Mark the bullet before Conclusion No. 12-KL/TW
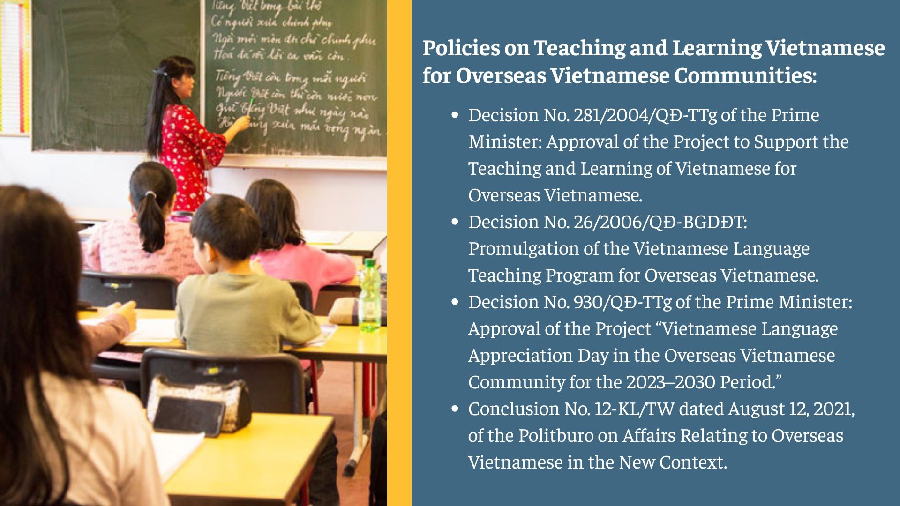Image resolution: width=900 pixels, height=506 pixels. point(455,409)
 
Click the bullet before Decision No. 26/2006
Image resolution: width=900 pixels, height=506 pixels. point(455,222)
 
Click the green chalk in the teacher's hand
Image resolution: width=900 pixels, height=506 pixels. point(252,104)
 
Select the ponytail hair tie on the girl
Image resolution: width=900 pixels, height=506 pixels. point(150,194)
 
